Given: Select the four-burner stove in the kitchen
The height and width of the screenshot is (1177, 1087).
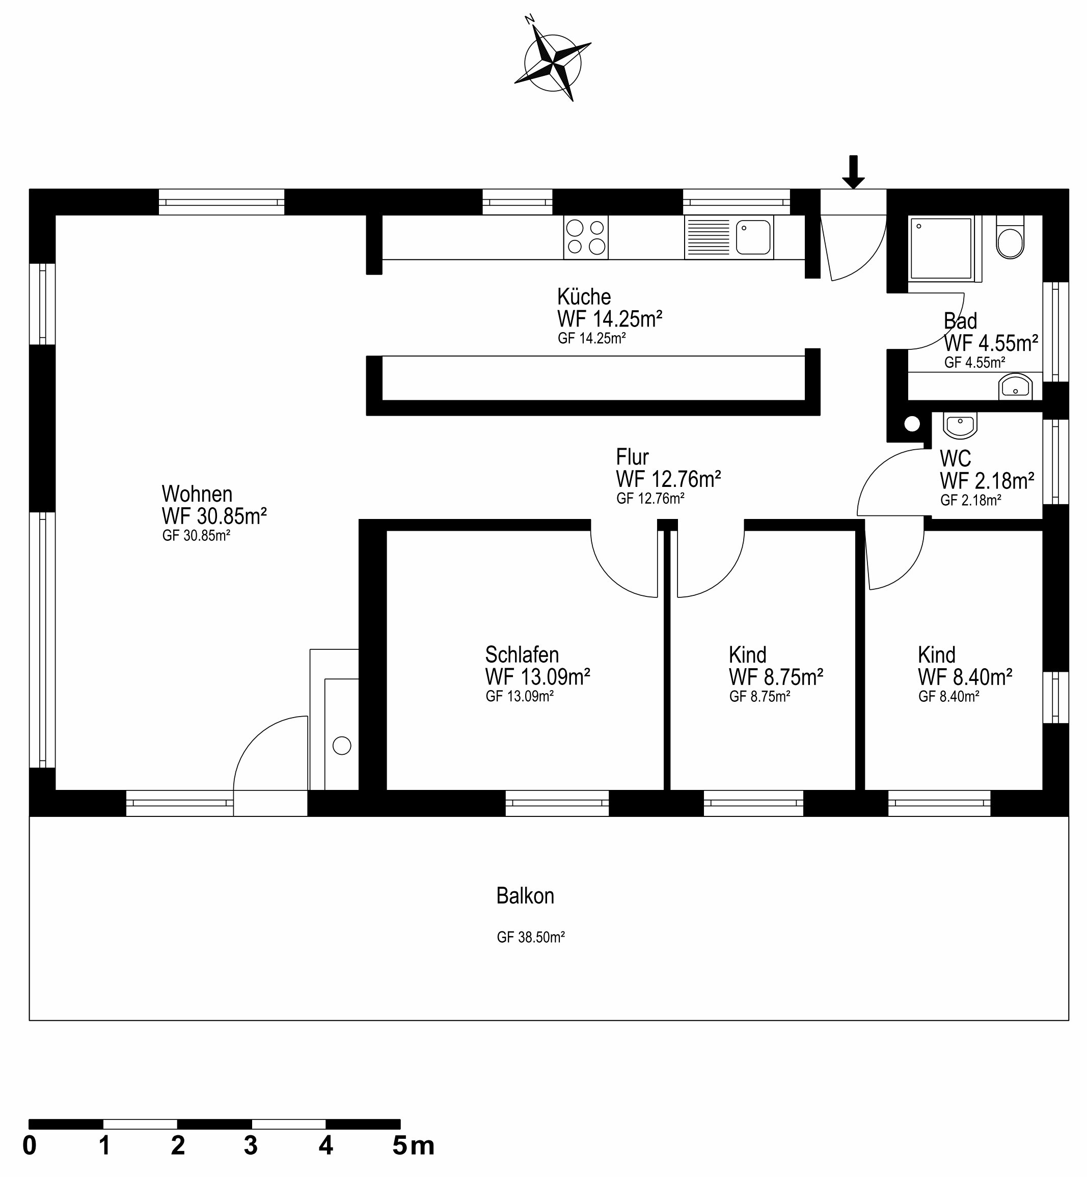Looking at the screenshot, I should (585, 237).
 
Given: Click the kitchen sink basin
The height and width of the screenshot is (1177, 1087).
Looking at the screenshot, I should (753, 237).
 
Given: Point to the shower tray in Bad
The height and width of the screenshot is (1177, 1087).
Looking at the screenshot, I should (940, 248).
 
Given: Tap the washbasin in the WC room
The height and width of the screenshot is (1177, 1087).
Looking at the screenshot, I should (960, 425).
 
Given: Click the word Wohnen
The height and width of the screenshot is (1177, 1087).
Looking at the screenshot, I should (197, 494).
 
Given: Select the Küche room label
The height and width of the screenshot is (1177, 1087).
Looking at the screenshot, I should (584, 296).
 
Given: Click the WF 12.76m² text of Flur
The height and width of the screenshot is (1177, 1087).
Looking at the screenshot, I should (668, 479).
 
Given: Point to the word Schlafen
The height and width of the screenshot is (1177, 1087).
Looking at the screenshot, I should (522, 654).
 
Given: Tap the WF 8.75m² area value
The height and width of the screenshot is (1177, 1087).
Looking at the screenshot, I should (775, 677).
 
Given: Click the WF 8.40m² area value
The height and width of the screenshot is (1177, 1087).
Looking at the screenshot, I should (965, 677).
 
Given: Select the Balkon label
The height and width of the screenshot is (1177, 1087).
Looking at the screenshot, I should (525, 895).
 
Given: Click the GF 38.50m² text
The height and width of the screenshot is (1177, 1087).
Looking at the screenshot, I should (531, 937).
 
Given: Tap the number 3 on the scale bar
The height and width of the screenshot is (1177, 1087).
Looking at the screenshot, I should (251, 1145).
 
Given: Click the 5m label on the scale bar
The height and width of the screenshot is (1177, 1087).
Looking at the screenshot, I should (413, 1145).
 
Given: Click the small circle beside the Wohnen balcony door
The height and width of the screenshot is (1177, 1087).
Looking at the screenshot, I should (342, 746).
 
